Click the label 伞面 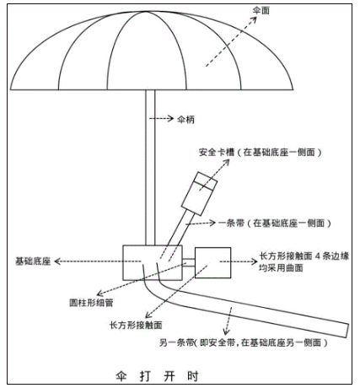point(261,10)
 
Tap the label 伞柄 point(185,120)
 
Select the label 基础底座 point(33,261)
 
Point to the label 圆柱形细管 point(91,303)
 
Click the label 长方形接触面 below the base point(136,325)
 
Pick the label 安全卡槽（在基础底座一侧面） point(261,153)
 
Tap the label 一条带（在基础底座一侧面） point(275,224)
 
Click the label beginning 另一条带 point(244,342)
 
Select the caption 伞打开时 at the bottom point(157,376)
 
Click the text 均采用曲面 point(281,267)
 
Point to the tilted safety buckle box point(199,194)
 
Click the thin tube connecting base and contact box point(189,262)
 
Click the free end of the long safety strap point(347,331)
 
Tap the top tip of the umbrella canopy point(146,11)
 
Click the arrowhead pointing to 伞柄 point(170,118)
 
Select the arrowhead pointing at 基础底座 point(57,261)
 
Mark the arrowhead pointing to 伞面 point(254,19)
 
